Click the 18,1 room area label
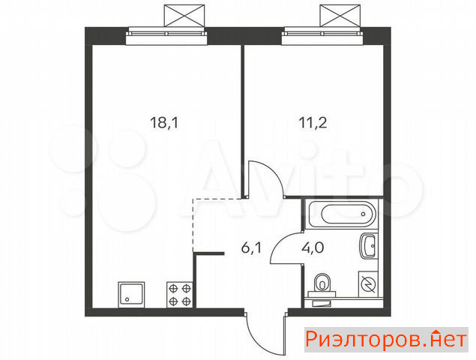[164, 123]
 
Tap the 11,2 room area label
[313, 123]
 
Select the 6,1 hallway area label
[251, 248]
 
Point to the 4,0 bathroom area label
[313, 248]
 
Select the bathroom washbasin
[369, 246]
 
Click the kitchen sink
[131, 295]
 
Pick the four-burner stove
[179, 295]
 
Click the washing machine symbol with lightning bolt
[368, 284]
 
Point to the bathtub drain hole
[364, 214]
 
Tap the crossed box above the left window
[184, 16]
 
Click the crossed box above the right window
[340, 16]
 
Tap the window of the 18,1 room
[166, 35]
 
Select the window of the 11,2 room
[322, 35]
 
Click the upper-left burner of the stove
[173, 288]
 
